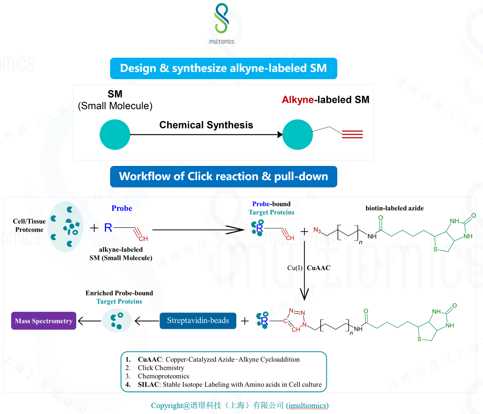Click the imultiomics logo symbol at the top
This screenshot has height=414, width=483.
pos(222,18)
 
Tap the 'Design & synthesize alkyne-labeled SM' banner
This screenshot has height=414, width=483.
pos(224,68)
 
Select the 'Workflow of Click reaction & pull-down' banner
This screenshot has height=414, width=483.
pos(224,176)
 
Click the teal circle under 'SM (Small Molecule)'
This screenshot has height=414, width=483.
pos(115,135)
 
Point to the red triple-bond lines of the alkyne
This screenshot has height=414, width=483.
pos(352,134)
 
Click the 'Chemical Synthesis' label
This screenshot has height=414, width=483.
pos(206,125)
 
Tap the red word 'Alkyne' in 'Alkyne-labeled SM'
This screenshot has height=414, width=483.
pos(298,100)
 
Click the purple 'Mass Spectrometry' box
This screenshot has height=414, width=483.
pos(44,321)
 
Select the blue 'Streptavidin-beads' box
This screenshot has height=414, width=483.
pos(198,321)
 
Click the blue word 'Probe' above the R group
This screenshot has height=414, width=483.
pos(122,208)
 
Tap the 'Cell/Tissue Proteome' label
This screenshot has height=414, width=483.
pos(29,225)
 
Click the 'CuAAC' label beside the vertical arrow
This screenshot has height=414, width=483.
pos(318,268)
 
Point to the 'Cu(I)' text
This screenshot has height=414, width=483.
pos(294,268)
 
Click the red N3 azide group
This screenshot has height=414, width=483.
pos(317,230)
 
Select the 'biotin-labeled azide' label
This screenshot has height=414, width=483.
pos(394,208)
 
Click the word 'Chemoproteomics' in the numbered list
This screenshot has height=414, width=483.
pos(163,376)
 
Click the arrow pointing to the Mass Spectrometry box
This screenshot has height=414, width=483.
pos(89,321)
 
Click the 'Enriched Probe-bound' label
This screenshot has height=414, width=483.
pos(119,293)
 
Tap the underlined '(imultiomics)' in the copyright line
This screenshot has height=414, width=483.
pos(307,405)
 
